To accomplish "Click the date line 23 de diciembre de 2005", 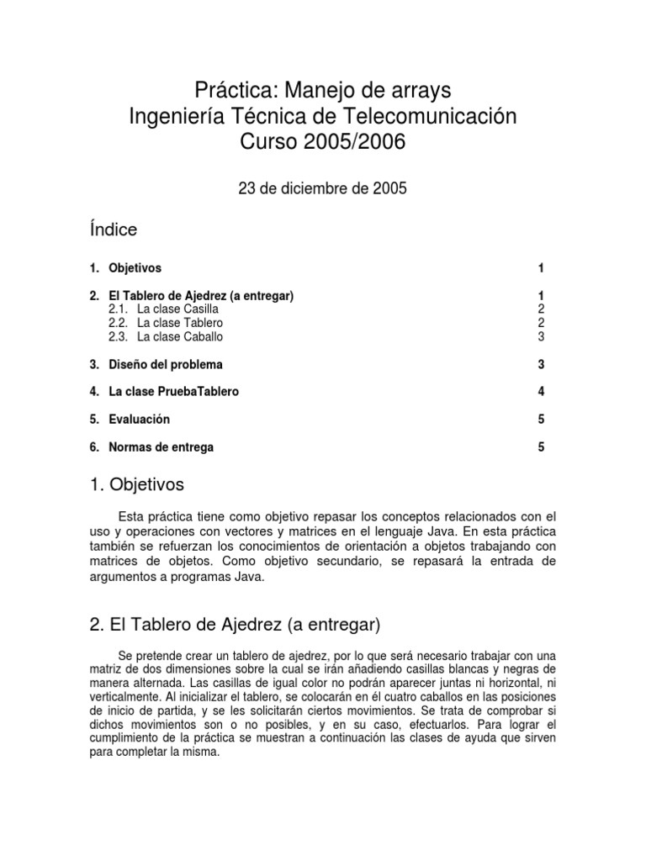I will (x=323, y=188).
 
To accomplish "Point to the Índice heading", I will (x=113, y=230).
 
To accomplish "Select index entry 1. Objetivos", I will (x=125, y=268).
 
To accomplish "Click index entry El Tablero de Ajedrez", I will (x=201, y=296).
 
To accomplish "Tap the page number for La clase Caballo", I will (x=542, y=336).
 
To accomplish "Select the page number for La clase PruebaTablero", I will (x=542, y=392).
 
